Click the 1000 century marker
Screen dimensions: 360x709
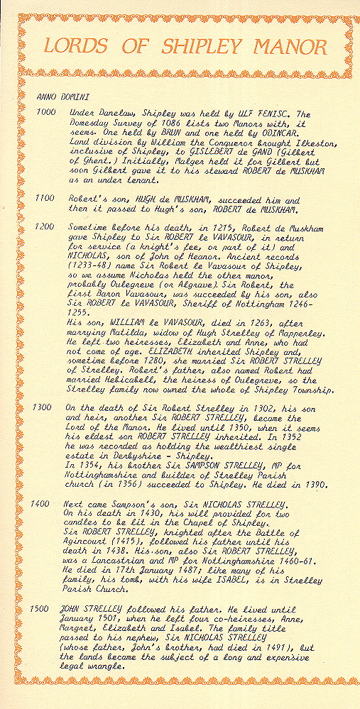pyautogui.click(x=45, y=113)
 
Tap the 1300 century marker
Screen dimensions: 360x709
pyautogui.click(x=45, y=410)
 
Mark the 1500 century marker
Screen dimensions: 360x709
pyautogui.click(x=45, y=610)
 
